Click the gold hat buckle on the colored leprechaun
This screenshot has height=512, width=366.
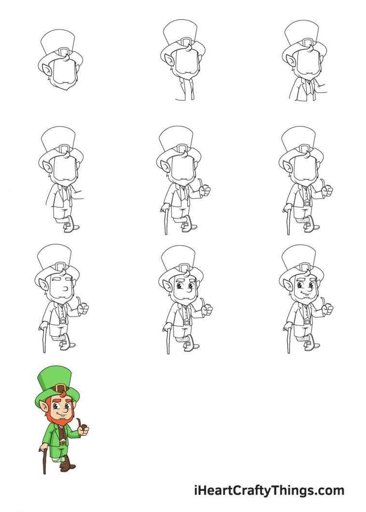[x=60, y=388]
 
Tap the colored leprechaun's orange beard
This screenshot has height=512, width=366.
[x=59, y=421]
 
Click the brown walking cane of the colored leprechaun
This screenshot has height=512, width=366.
[x=44, y=461]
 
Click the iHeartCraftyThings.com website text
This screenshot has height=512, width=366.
[x=269, y=491]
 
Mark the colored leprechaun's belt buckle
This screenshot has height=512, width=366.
[x=63, y=443]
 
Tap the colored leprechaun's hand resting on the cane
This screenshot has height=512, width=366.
[x=42, y=448]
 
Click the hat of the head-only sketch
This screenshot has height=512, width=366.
[x=58, y=41]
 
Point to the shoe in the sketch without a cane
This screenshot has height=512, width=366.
[x=72, y=225]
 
